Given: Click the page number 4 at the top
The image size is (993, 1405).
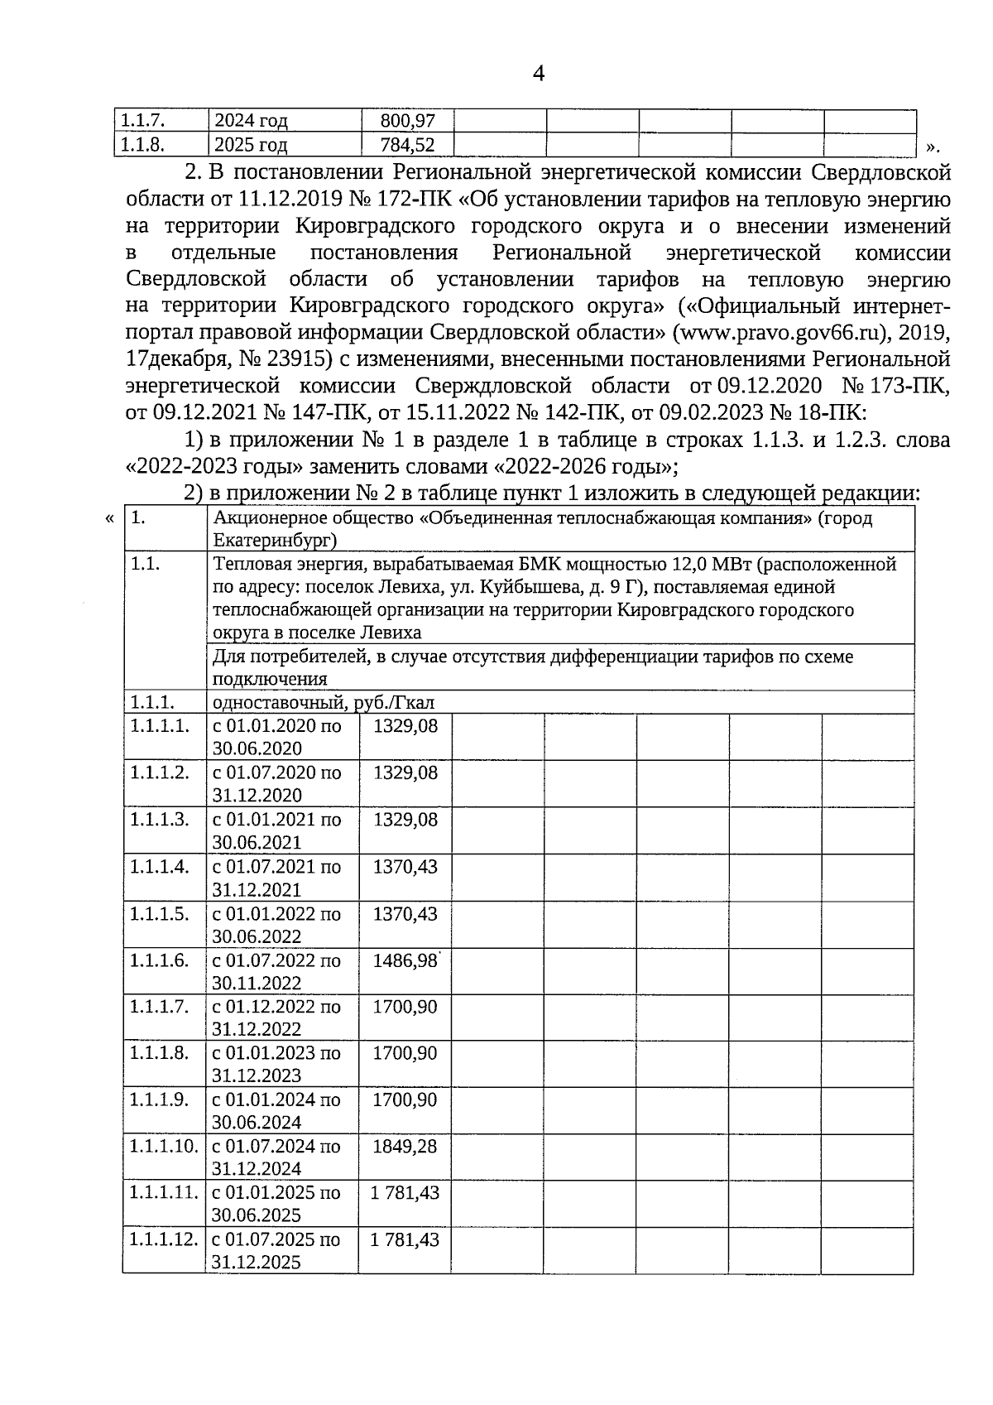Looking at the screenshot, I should pyautogui.click(x=538, y=75).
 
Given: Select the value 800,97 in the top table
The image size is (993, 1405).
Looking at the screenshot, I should pyautogui.click(x=407, y=121).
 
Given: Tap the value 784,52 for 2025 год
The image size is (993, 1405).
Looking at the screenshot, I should pyautogui.click(x=407, y=145).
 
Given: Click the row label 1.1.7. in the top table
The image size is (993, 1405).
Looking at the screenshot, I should pyautogui.click(x=142, y=121).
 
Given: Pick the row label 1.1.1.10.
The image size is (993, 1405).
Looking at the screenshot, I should pyautogui.click(x=164, y=1147).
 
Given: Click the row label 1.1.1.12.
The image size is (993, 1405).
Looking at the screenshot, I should pyautogui.click(x=164, y=1240).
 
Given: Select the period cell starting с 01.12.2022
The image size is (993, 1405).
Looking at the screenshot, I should pyautogui.click(x=276, y=1018).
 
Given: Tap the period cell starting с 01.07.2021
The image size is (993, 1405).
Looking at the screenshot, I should pyautogui.click(x=276, y=878).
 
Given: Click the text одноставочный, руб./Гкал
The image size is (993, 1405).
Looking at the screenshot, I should pyautogui.click(x=324, y=703).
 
